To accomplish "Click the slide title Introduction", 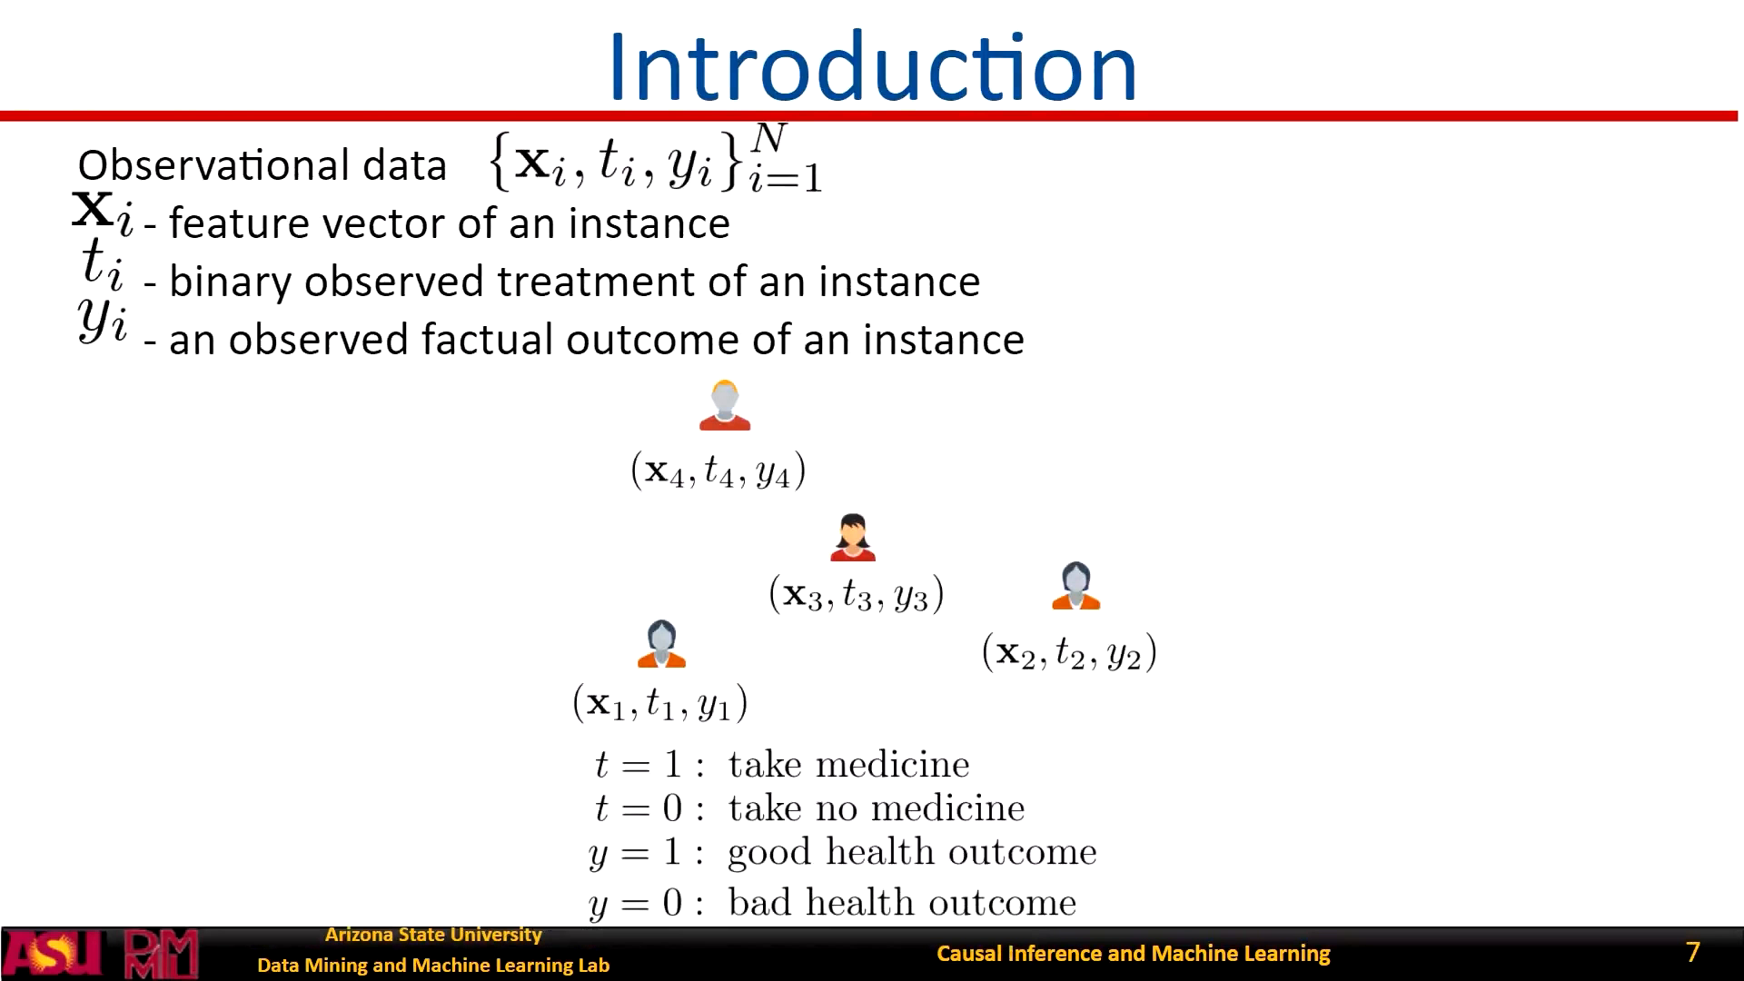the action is click(x=872, y=66).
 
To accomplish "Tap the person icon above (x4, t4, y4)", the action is click(x=725, y=405).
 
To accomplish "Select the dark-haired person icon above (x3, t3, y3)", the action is click(x=853, y=538).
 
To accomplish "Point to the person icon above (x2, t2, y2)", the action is click(x=1076, y=586).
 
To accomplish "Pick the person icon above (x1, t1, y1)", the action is click(x=662, y=644).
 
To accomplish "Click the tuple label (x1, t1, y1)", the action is click(x=660, y=703).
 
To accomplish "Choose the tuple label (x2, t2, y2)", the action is click(x=1069, y=652).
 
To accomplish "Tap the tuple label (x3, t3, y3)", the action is click(x=857, y=594).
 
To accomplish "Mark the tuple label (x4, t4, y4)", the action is click(x=718, y=471).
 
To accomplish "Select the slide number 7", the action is click(x=1692, y=952).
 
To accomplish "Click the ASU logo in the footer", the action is click(x=54, y=954).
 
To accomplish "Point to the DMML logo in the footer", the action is click(x=161, y=954).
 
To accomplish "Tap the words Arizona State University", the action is click(x=433, y=935).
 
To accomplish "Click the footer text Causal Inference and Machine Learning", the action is click(x=1134, y=953).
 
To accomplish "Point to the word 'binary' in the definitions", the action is click(x=231, y=282).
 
